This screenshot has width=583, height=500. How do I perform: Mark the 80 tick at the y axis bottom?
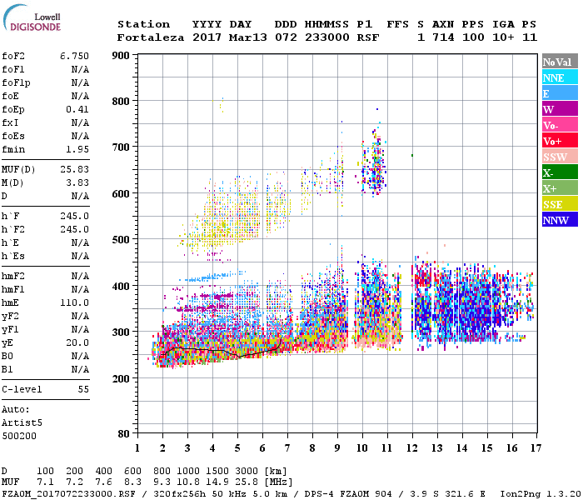point(122,433)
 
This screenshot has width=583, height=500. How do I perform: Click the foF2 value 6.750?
point(74,55)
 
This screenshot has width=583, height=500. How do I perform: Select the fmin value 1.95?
point(77,149)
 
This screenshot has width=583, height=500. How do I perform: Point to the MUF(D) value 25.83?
point(74,169)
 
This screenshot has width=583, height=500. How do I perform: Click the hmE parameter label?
point(12,302)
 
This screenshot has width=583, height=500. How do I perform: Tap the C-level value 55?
point(83,389)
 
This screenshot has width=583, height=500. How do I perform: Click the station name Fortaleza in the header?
point(151,37)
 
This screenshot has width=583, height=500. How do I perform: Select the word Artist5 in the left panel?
point(22,422)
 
